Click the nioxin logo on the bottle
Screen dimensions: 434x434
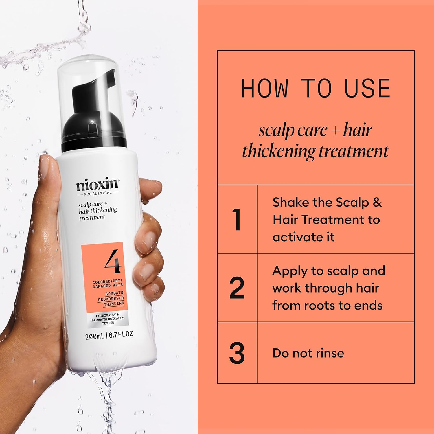point(97,185)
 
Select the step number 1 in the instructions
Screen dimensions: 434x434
point(237,220)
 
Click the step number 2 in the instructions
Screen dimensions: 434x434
point(237,288)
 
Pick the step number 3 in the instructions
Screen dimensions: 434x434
point(237,353)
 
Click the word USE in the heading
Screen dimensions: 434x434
point(367,88)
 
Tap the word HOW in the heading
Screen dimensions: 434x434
point(264,88)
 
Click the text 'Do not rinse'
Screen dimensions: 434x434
point(308,353)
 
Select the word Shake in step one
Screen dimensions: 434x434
point(291,203)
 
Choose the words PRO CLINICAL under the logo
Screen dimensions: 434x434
point(98,193)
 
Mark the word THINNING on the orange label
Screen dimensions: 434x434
point(114,304)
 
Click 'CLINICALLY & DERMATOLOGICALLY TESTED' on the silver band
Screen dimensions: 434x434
point(108,319)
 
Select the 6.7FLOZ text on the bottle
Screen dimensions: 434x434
point(121,335)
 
